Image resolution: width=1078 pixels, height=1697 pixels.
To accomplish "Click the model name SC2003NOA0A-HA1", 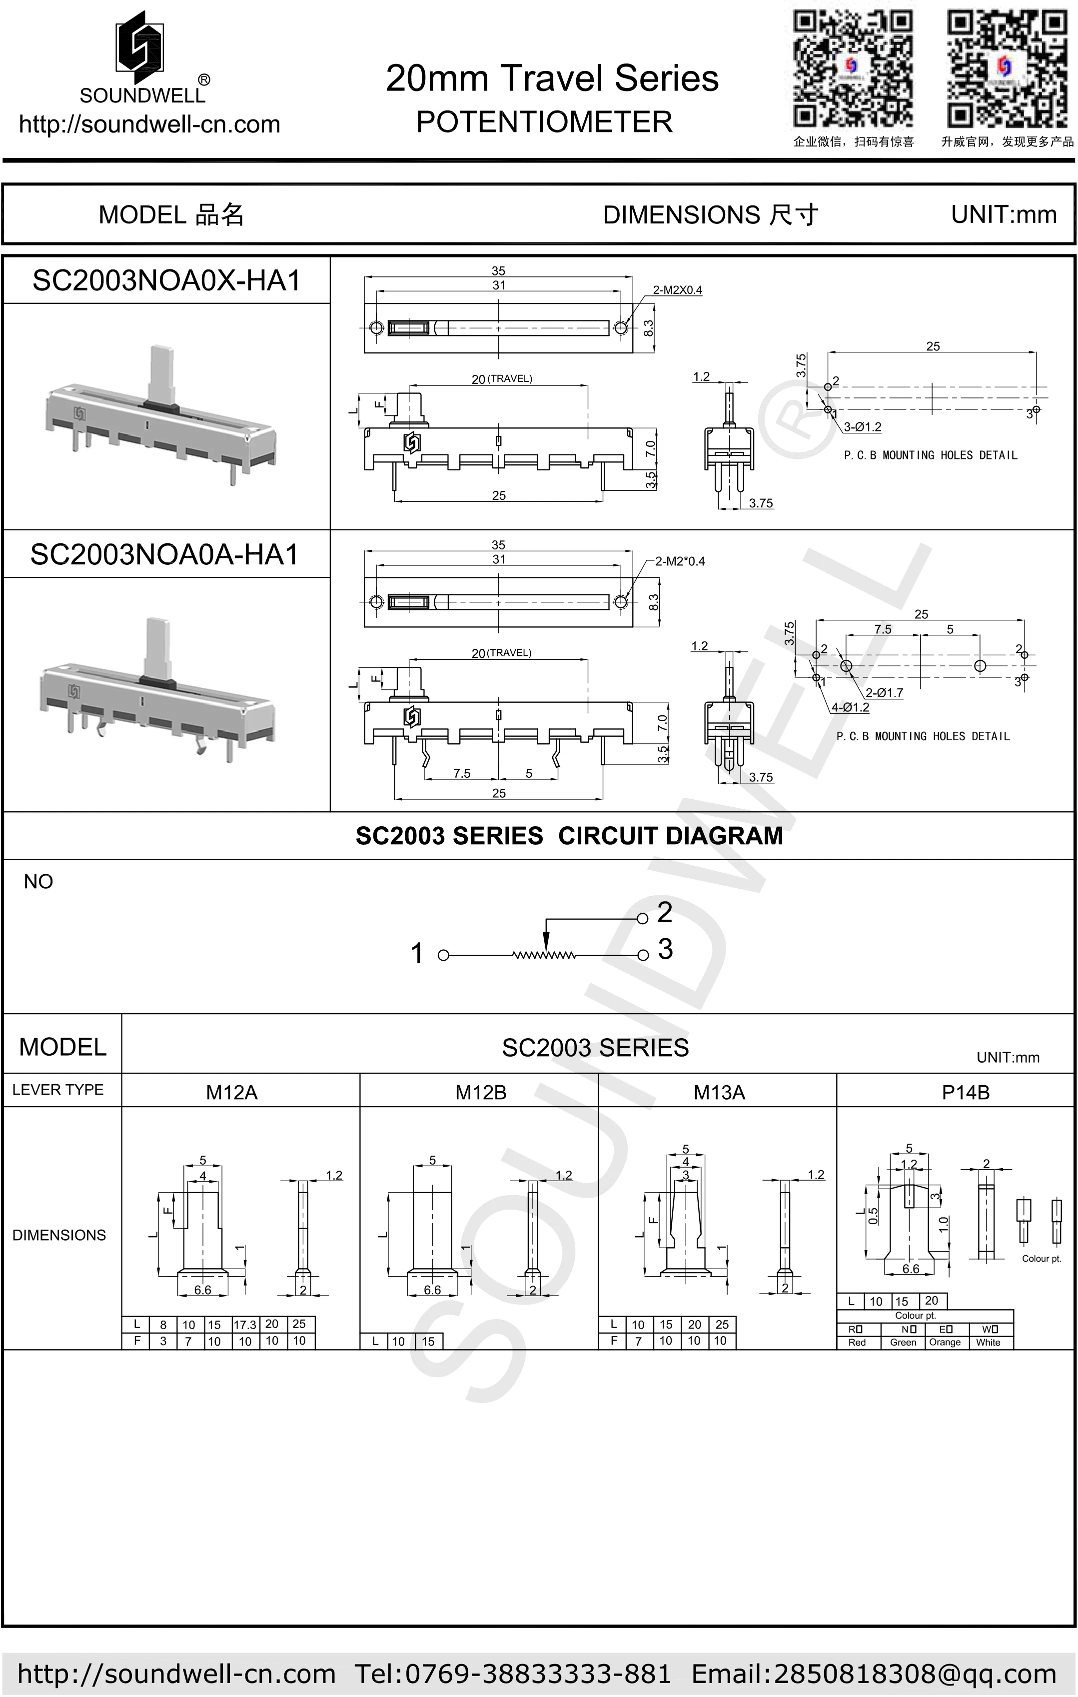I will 165,555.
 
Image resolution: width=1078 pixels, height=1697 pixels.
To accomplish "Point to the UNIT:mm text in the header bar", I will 1004,215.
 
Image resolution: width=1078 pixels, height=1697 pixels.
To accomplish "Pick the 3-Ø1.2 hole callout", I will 863,427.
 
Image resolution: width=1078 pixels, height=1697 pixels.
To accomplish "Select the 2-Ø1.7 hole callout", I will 884,693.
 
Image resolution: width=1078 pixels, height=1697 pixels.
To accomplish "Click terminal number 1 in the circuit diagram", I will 417,954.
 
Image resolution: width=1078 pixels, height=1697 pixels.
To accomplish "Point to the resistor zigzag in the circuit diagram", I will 544,956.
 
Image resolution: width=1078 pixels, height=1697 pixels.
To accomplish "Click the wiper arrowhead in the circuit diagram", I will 545,943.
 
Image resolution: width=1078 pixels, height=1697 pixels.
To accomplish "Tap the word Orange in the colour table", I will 944,1343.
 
